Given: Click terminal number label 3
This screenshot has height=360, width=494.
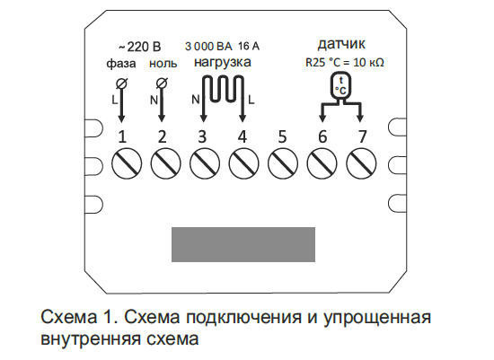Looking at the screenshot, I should coord(202,137).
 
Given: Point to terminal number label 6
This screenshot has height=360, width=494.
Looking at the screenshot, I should coord(322,137).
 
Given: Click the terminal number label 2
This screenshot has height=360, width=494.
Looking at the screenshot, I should coord(163,137).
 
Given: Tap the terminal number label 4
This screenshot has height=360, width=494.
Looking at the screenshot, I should coord(242,137).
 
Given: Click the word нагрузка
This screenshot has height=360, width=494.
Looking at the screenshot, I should coord(222,64).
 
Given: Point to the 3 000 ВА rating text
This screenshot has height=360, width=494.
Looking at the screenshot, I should coord(207,46).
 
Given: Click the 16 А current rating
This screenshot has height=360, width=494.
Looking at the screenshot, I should coord(251,46).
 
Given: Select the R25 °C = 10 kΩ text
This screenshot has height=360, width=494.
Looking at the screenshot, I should coord(340,63).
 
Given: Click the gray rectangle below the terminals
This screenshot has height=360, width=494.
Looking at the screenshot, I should coord(243,244).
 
